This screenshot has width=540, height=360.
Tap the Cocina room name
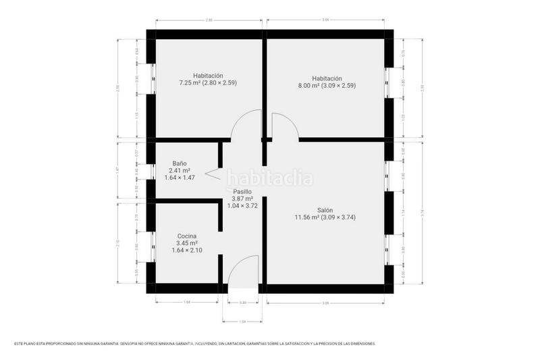(x=187, y=236)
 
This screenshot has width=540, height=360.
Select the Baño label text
(x=180, y=163)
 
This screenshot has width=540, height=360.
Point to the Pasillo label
(x=242, y=192)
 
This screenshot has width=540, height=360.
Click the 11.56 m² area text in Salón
(x=324, y=217)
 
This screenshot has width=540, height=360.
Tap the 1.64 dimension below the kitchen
(x=186, y=302)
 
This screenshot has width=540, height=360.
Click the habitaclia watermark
(x=270, y=179)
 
